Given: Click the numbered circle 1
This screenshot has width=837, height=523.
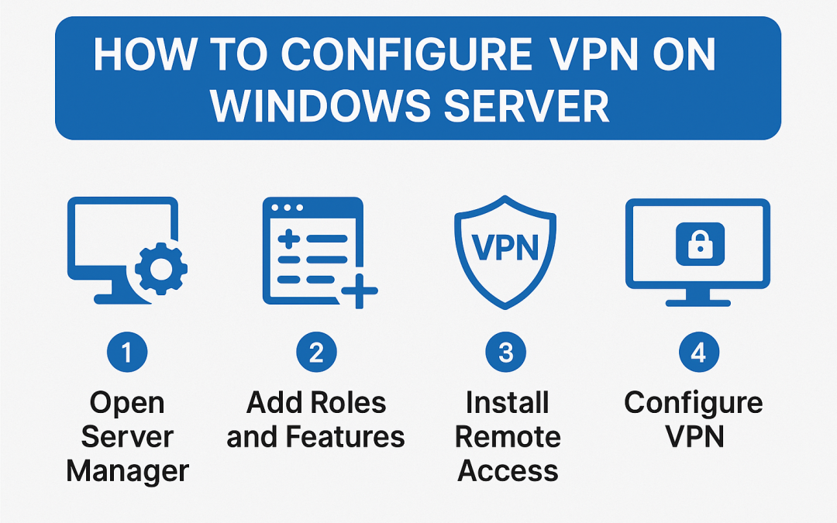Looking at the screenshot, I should click(127, 353).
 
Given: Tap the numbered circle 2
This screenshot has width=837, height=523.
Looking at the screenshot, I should click(315, 353).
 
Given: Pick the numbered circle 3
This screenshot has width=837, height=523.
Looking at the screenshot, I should click(506, 353).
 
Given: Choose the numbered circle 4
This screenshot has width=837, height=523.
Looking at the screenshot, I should click(697, 353).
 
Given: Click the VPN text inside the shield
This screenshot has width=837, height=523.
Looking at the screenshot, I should click(506, 249).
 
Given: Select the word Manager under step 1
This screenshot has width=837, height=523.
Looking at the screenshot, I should click(128, 471).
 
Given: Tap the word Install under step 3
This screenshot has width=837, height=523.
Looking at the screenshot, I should click(508, 403).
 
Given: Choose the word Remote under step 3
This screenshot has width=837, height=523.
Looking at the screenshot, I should click(508, 437).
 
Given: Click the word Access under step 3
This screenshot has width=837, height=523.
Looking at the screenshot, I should click(508, 471).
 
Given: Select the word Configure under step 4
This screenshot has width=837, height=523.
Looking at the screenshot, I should click(694, 403).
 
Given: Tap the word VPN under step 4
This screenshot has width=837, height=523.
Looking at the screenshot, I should click(695, 437).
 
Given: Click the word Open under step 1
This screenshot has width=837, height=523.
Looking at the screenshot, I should click(127, 403).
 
